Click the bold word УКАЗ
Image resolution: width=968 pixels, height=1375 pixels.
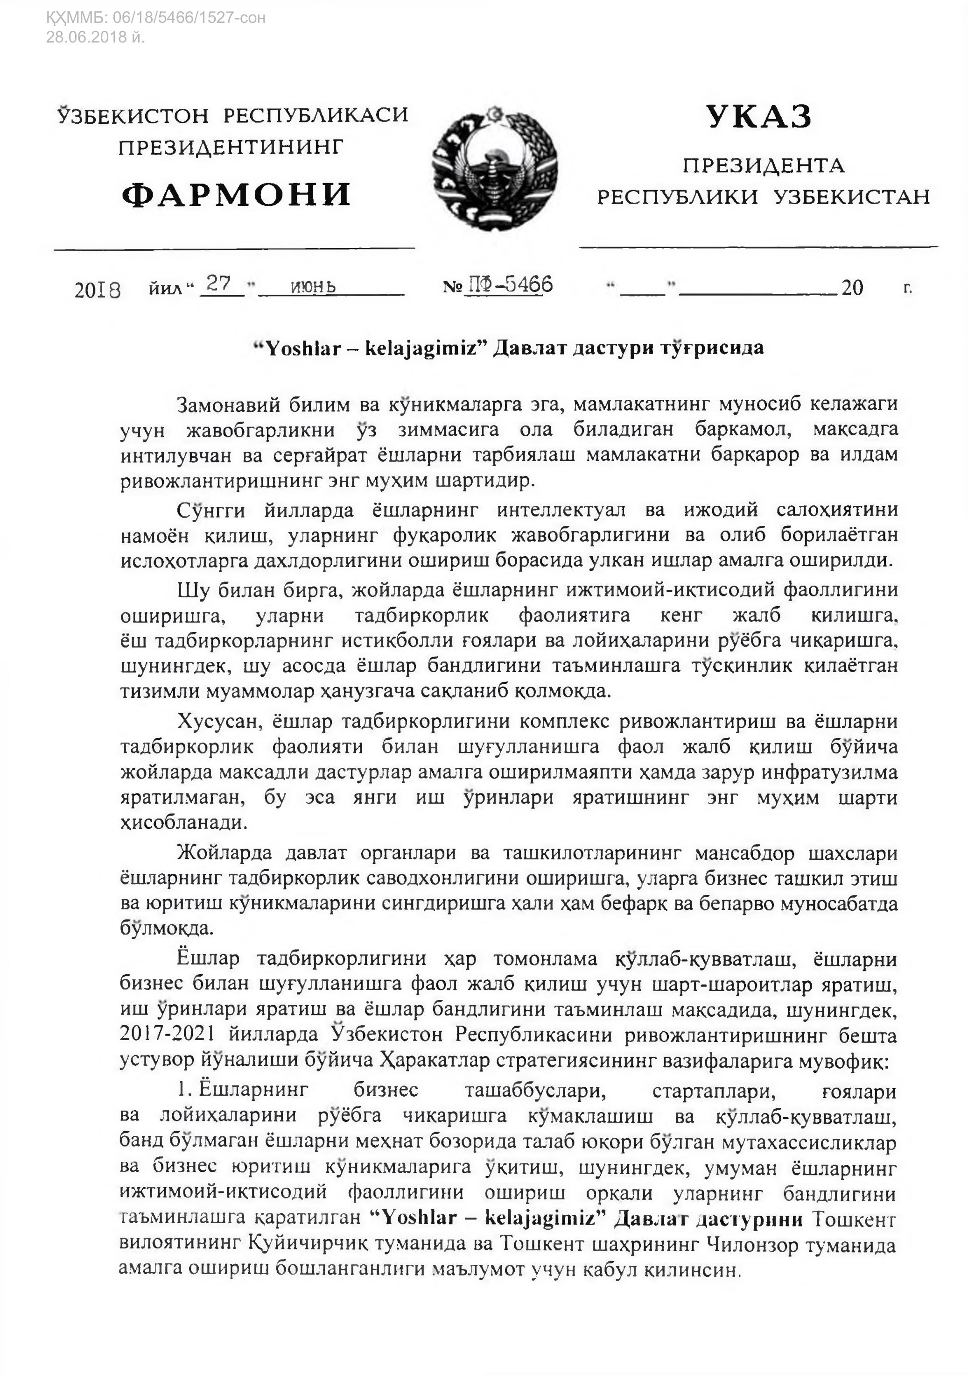758,116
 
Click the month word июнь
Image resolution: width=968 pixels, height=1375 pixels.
313,287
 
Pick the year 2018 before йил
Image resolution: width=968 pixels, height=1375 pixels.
98,290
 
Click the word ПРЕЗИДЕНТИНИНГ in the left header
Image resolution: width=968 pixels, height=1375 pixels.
231,147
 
